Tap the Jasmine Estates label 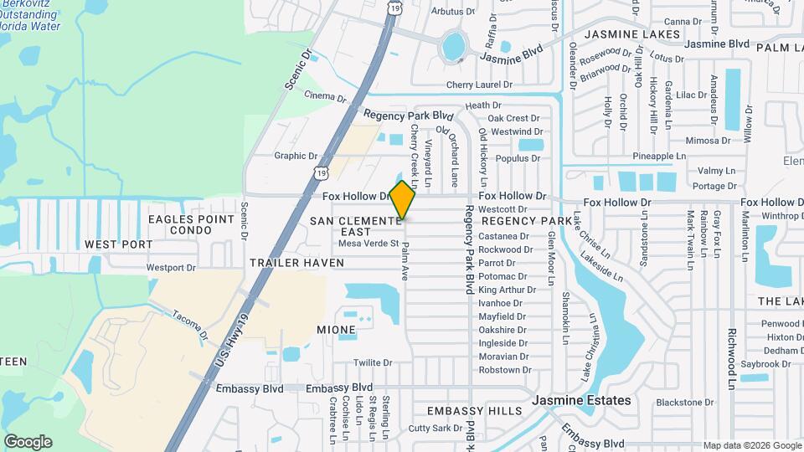[581, 401]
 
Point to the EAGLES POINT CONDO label [191, 224]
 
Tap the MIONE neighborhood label [337, 330]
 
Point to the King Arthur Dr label [502, 290]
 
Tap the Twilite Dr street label [373, 363]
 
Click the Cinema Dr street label [325, 96]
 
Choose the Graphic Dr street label [296, 156]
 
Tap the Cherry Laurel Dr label [479, 85]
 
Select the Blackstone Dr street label [684, 403]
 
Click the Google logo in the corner [28, 442]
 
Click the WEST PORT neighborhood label [119, 244]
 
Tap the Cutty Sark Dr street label [435, 429]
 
